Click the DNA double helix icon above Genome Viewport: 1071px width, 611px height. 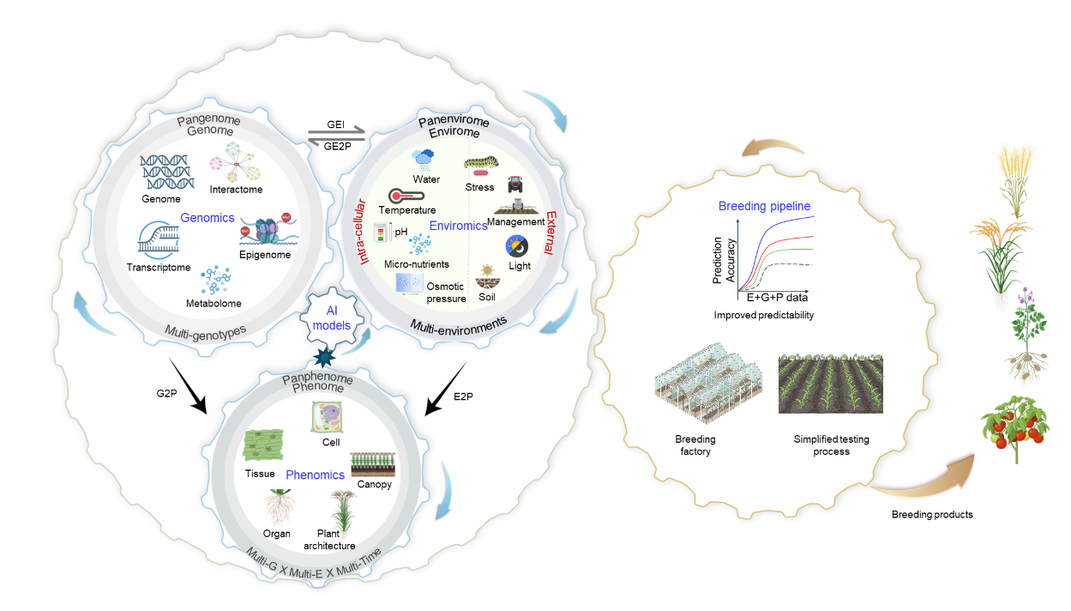coord(167,172)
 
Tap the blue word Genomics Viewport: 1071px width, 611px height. coord(207,218)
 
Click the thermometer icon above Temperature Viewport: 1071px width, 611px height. coord(406,196)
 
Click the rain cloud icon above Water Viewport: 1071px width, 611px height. coord(423,160)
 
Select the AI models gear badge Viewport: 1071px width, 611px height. coord(331,318)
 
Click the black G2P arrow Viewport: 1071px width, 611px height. coord(188,385)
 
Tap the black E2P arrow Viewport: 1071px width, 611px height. coord(446,389)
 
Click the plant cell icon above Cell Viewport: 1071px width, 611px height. coord(327,417)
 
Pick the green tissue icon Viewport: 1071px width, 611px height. coord(263,445)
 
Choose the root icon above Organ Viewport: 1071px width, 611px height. coord(280,507)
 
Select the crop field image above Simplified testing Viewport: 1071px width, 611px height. coord(831,384)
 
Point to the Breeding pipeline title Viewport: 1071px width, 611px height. coord(764,206)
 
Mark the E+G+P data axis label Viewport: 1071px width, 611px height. coord(777,298)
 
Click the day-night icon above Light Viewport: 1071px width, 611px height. coord(517,246)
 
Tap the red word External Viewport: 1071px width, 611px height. coord(550,233)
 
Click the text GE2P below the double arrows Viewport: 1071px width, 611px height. coord(337,147)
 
